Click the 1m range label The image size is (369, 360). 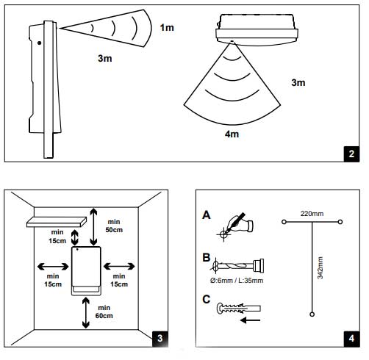click(167, 27)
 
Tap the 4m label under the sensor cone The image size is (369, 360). click(232, 134)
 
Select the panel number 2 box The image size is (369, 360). click(351, 154)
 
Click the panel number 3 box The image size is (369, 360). click(160, 339)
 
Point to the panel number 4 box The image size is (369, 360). click(351, 339)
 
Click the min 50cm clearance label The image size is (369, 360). click(114, 226)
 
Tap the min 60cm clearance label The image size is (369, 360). click(104, 312)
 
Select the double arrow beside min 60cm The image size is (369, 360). click(86, 313)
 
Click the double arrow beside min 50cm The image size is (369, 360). click(93, 227)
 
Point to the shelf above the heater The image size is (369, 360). click(57, 222)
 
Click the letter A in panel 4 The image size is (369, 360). click(207, 215)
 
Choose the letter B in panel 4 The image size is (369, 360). click(207, 257)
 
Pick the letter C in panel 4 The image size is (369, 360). click(207, 299)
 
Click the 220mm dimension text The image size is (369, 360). click(312, 214)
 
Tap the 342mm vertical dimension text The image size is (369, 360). click(320, 267)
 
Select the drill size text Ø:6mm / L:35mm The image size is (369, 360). click(237, 281)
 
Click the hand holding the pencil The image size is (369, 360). click(240, 223)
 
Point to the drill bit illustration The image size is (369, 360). click(237, 265)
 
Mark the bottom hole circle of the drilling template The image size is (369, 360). click(312, 314)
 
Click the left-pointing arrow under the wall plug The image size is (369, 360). click(250, 320)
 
